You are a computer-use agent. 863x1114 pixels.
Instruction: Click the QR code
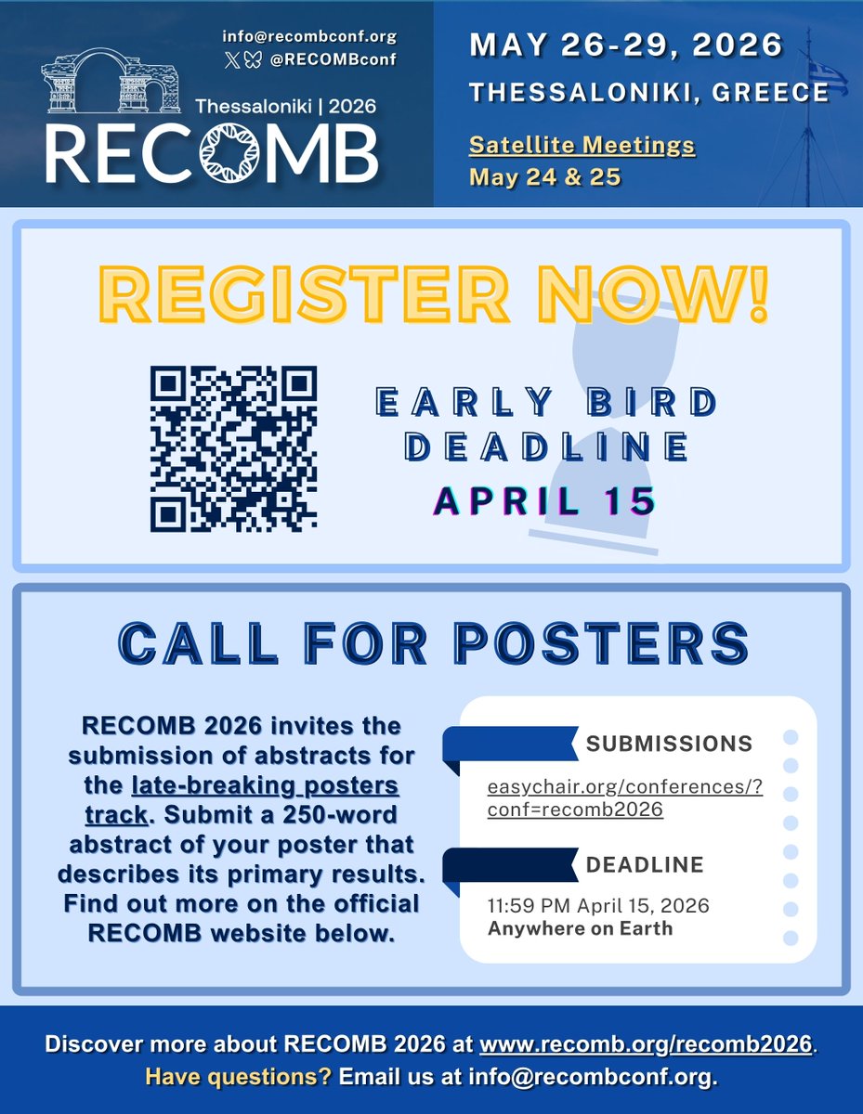[233, 449]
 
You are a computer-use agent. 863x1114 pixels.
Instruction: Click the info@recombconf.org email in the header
[309, 37]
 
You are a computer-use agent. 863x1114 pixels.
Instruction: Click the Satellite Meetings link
[582, 146]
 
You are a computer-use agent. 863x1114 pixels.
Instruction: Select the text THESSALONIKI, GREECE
[648, 92]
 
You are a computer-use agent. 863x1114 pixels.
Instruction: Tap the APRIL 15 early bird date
[545, 500]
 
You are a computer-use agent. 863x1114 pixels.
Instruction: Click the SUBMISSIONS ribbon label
[669, 744]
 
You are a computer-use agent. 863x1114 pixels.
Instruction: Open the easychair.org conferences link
[624, 798]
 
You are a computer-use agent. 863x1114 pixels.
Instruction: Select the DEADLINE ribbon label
[644, 864]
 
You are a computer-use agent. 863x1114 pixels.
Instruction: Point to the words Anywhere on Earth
[580, 927]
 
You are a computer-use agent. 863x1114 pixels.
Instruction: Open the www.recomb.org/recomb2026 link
[646, 1043]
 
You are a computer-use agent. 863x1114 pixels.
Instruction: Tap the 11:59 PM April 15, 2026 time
[598, 905]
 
